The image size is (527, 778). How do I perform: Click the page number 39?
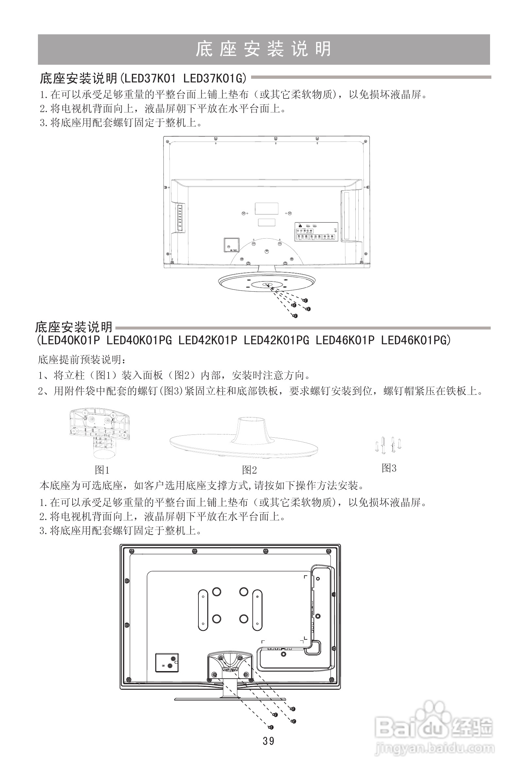pos(268,741)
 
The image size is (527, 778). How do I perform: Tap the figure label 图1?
pos(102,470)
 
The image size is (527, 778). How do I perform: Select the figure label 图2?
pos(249,470)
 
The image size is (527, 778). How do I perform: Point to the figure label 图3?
pos(389,468)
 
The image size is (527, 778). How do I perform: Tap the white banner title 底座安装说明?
pos(263,49)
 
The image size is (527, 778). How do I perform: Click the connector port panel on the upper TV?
pos(316,231)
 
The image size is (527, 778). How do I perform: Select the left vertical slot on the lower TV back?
pos(203,610)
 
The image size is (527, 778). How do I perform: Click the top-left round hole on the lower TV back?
pos(217,592)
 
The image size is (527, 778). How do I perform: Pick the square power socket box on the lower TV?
pos(167,663)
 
